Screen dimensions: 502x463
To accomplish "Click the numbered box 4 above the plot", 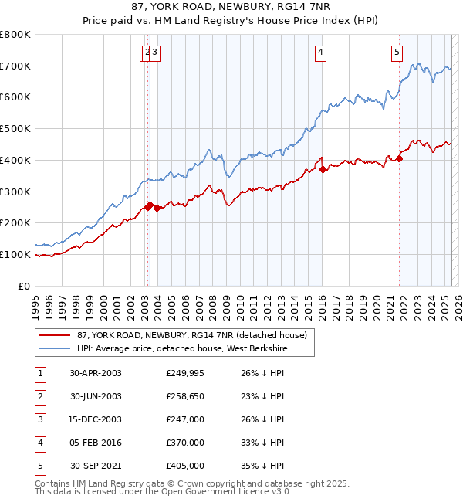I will (319, 53).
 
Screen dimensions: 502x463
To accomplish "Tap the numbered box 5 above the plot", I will (397, 53).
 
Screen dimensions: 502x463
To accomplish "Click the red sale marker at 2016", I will (323, 170).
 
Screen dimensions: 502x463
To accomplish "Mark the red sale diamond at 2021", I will (400, 159).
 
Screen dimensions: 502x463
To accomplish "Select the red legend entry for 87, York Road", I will (192, 335).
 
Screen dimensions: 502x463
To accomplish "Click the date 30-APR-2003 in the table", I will (96, 373).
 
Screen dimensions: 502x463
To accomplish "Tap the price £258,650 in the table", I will (185, 396).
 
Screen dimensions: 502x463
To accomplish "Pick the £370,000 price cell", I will (185, 443).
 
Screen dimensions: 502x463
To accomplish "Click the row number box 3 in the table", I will (39, 419).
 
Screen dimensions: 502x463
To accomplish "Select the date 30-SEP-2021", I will (96, 466).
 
